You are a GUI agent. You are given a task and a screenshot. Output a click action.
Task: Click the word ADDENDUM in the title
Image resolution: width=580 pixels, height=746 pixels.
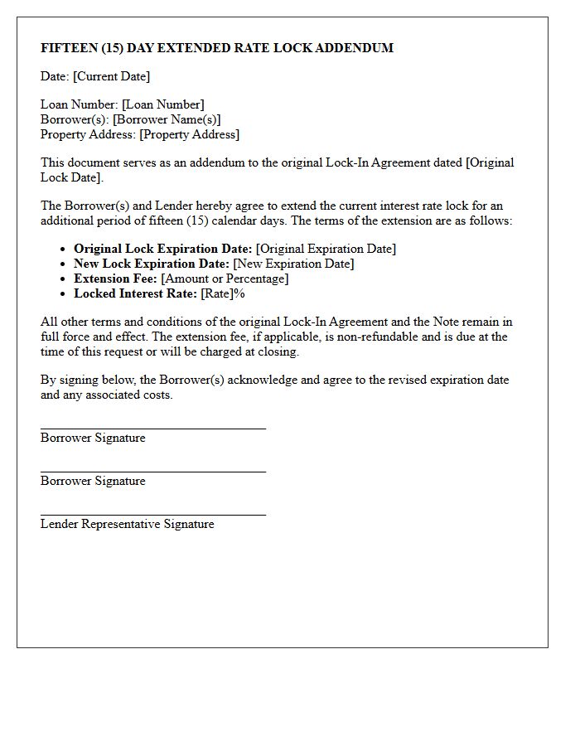[x=354, y=48]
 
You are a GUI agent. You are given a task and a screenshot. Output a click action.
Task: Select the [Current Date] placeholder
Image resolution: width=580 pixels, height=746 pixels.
[x=112, y=76]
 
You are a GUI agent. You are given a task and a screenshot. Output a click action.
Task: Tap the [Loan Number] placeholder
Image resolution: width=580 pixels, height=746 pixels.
[x=163, y=104]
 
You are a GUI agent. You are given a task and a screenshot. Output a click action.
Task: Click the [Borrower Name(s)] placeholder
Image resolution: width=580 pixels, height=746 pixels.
[x=167, y=119]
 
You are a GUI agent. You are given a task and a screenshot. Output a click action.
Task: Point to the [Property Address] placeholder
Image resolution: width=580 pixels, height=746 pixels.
[x=189, y=134]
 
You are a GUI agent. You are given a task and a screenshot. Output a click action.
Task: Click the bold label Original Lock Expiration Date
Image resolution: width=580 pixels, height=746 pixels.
[x=162, y=249]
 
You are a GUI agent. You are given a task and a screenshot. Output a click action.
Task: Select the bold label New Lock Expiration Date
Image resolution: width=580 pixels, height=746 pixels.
[x=152, y=264]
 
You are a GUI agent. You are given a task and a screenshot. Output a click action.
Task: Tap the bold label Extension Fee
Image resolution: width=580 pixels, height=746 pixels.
[x=115, y=279]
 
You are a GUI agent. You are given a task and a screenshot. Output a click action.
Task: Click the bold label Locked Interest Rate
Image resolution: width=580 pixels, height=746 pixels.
[x=135, y=293]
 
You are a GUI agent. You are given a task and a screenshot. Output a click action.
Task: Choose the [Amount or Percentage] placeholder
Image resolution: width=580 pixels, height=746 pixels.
[x=225, y=279]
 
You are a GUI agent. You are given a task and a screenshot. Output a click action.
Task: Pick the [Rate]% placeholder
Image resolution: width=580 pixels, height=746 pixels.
[x=223, y=293]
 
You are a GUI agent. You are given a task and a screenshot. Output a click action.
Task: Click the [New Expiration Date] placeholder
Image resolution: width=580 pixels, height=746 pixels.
[x=293, y=264]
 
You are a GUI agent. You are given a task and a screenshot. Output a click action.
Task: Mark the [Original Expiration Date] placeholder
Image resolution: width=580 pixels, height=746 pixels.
[x=326, y=249]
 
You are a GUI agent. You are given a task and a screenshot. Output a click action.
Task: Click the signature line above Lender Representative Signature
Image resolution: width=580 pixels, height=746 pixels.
[x=153, y=515]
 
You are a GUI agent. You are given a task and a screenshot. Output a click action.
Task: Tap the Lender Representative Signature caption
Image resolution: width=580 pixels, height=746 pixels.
[x=127, y=524]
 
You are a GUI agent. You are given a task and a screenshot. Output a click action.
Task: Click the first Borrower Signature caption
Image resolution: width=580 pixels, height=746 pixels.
[x=93, y=438]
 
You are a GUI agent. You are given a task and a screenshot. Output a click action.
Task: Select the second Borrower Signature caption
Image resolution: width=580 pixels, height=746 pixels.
[x=93, y=481]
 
